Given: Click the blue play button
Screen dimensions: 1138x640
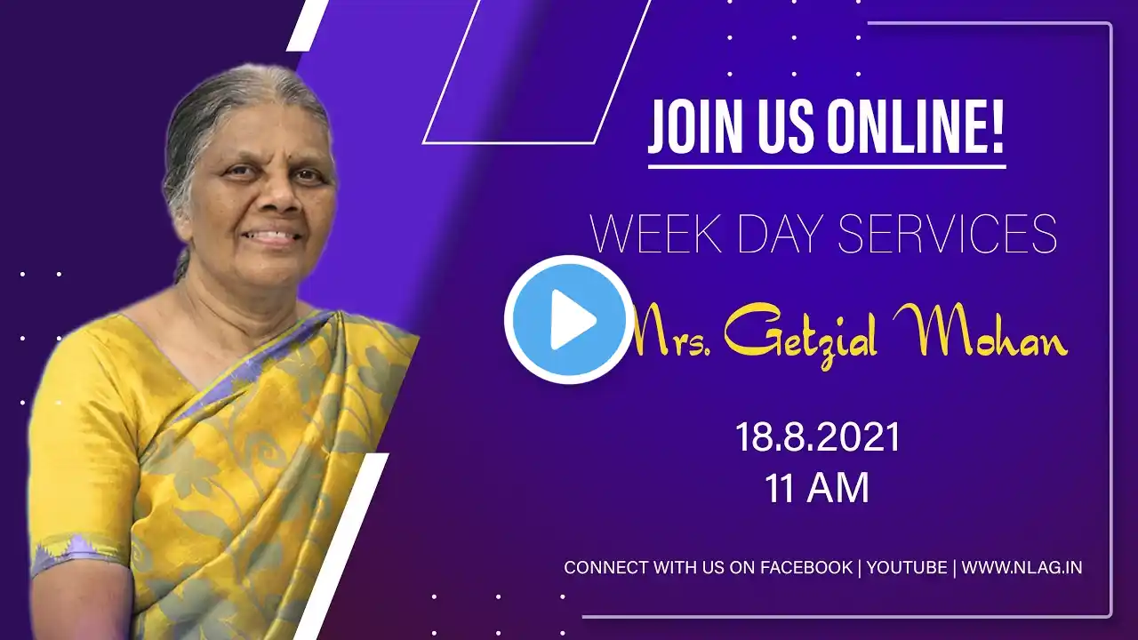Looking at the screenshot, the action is coord(569,320).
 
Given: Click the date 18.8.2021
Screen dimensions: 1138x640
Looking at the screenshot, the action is coord(817,437).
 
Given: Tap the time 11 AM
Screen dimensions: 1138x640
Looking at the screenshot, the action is coord(817,488).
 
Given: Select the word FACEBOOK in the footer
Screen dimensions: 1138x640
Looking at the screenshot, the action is coord(806,567).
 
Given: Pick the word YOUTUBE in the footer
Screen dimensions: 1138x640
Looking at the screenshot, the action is coord(907,567).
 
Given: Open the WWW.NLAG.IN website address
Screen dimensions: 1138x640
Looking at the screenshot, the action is coord(1022,567).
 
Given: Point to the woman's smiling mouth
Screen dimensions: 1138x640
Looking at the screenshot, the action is coord(272,236).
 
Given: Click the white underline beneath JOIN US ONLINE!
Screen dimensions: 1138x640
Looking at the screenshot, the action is coord(827,166).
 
